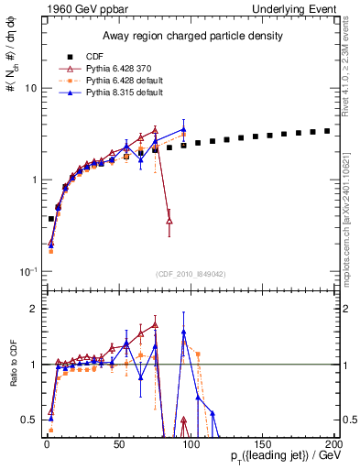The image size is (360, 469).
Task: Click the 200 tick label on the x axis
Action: pos(333,444)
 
